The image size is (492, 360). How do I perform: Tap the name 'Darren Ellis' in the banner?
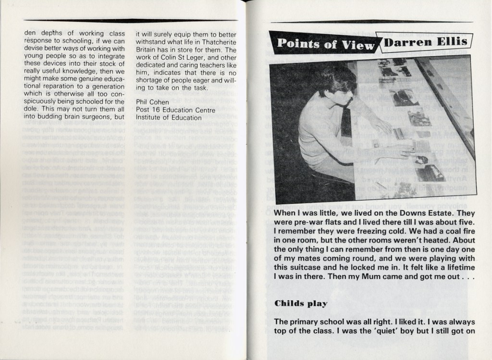pos(425,42)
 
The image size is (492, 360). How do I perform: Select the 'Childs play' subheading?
pos(301,303)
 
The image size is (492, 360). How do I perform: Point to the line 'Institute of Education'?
pos(169,117)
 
